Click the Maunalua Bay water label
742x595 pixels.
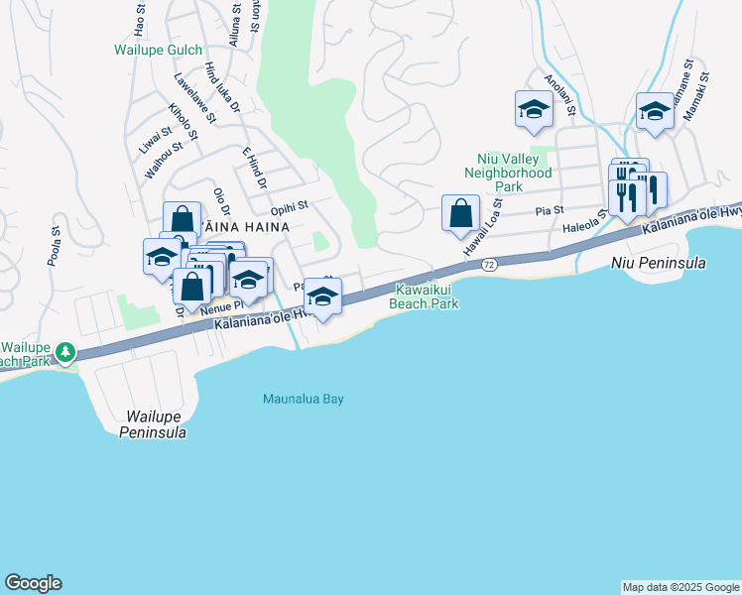click(303, 400)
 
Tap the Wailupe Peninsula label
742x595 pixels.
click(154, 425)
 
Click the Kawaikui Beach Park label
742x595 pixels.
click(427, 297)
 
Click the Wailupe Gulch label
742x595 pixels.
click(158, 50)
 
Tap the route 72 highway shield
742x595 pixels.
click(489, 265)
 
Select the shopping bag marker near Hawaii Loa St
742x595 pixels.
click(460, 214)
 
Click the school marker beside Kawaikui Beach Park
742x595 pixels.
click(322, 297)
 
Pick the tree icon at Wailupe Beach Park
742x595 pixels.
click(65, 352)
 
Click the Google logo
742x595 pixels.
click(33, 583)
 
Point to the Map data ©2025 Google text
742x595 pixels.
click(680, 587)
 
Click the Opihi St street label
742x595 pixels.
click(291, 208)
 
